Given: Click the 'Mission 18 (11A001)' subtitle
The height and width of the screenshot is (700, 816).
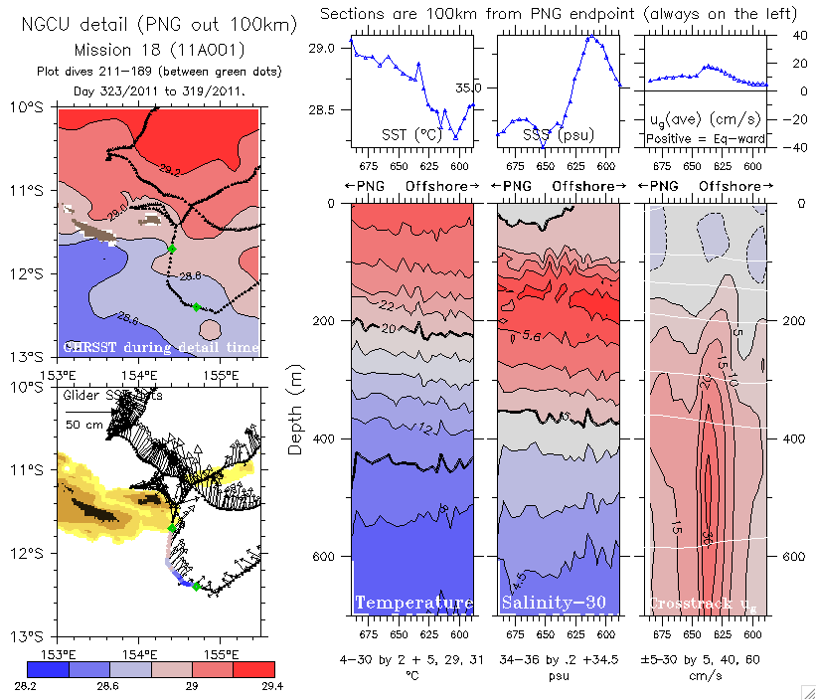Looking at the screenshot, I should tap(159, 49).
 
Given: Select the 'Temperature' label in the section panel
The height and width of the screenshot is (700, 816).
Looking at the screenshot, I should tap(413, 604).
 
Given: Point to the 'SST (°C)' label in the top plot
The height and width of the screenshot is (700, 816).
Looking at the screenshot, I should tap(410, 133).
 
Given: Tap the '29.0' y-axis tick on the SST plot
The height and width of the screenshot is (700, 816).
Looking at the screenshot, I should tap(322, 49).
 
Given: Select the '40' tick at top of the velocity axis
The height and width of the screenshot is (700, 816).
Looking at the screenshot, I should tap(787, 35).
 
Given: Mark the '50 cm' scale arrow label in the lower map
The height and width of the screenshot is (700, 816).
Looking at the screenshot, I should tap(83, 425).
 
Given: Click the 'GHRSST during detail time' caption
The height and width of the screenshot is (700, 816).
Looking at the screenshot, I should tap(160, 347).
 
